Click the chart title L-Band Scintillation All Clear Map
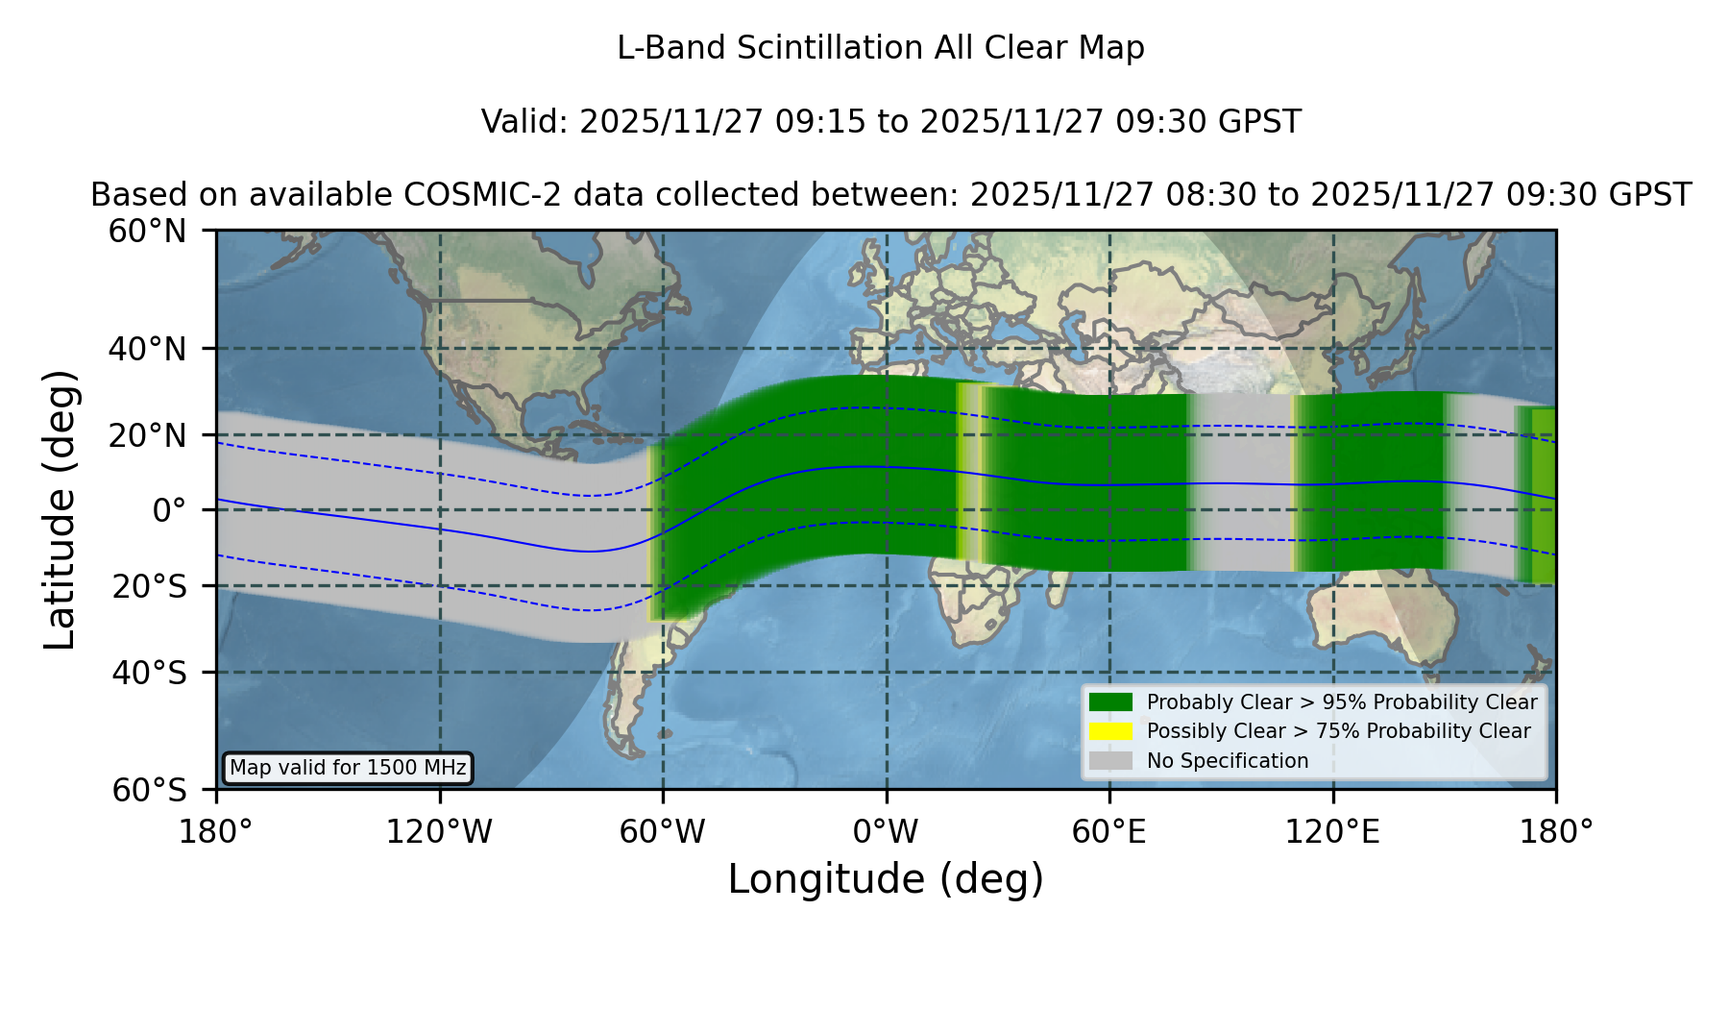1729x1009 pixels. tap(880, 48)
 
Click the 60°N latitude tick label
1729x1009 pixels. tap(148, 232)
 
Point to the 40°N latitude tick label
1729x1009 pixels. tap(148, 349)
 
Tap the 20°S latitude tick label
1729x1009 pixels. tap(149, 585)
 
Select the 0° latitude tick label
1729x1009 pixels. tap(169, 510)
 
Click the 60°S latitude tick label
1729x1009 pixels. tap(149, 790)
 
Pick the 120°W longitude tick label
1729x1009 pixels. tap(439, 831)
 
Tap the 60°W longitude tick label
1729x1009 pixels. tap(663, 831)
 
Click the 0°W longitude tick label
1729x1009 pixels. tap(886, 831)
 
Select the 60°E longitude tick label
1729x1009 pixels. tap(1109, 831)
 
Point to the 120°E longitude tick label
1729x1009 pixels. tap(1332, 831)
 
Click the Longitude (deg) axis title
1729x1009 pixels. tap(886, 879)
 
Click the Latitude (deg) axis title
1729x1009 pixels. tap(60, 509)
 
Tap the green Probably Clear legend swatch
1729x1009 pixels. tap(1110, 701)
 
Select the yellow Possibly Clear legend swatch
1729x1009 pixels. tap(1110, 730)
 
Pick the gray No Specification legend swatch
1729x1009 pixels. tap(1110, 760)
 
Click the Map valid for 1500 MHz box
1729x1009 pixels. tap(348, 768)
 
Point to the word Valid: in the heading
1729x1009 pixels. tap(525, 122)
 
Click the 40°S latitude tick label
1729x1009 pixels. tap(149, 673)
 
